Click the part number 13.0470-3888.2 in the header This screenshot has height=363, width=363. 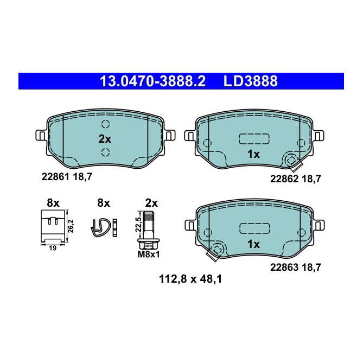(x=152, y=81)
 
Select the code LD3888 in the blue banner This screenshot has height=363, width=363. (x=251, y=81)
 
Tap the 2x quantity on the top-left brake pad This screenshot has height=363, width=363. (x=104, y=138)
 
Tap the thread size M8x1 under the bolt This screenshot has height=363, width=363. (x=147, y=253)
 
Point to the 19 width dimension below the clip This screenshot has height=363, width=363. (x=53, y=247)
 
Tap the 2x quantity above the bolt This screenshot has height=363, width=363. (x=151, y=203)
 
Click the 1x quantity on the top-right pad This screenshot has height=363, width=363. (x=253, y=154)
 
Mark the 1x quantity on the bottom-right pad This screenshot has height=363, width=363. (x=253, y=245)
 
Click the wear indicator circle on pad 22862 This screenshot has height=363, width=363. (x=291, y=161)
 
